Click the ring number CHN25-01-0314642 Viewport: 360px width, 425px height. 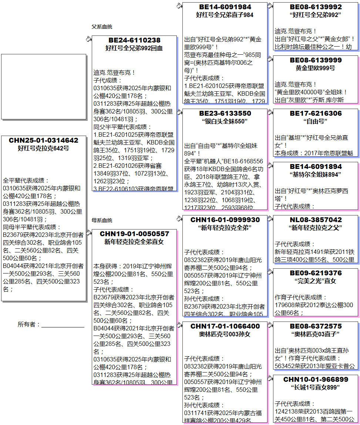[x=44, y=140]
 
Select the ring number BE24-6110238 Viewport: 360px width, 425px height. [x=134, y=40]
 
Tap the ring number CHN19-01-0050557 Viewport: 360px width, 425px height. [x=134, y=234]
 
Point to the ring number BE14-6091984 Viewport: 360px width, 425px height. [x=225, y=7]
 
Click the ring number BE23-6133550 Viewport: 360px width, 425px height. [x=225, y=113]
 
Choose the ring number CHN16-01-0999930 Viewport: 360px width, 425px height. [x=225, y=220]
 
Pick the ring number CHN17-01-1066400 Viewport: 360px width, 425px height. [x=225, y=326]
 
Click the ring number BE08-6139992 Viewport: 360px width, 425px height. [x=316, y=7]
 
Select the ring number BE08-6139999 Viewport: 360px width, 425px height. [x=316, y=60]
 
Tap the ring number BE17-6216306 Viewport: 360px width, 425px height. [x=316, y=113]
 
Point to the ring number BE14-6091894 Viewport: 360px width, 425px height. [x=316, y=167]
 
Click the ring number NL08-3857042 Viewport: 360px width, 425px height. [x=316, y=220]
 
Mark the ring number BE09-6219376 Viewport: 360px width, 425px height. [x=316, y=273]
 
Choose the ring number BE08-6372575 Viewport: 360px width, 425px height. [x=316, y=326]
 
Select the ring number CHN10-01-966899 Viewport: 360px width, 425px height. [x=316, y=380]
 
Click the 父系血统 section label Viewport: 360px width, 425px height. [x=102, y=27]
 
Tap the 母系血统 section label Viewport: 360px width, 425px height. [x=102, y=220]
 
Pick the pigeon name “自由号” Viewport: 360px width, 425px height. [x=316, y=121]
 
